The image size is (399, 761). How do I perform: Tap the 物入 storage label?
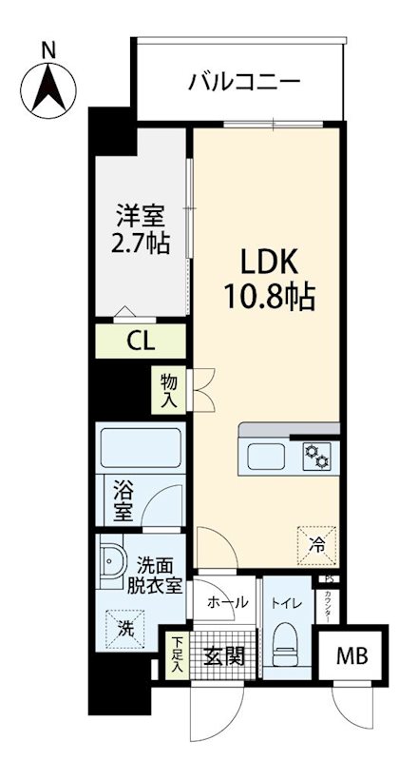[168, 390]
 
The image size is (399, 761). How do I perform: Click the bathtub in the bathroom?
[141, 447]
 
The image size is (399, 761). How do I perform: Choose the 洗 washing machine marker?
[125, 629]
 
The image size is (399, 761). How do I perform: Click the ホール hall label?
[227, 602]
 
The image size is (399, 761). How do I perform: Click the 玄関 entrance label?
[225, 655]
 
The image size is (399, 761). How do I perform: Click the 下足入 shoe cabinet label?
[177, 656]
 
